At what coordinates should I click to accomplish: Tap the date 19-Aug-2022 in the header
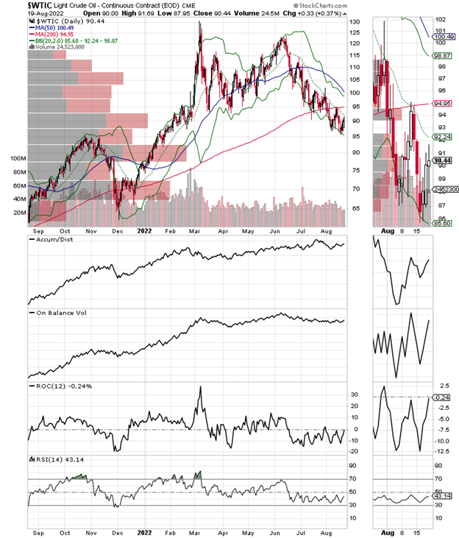click(x=22, y=14)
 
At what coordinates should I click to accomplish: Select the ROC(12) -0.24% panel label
click(x=56, y=386)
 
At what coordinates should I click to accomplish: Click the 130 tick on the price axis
click(x=355, y=23)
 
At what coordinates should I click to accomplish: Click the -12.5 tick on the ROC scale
click(x=445, y=451)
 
